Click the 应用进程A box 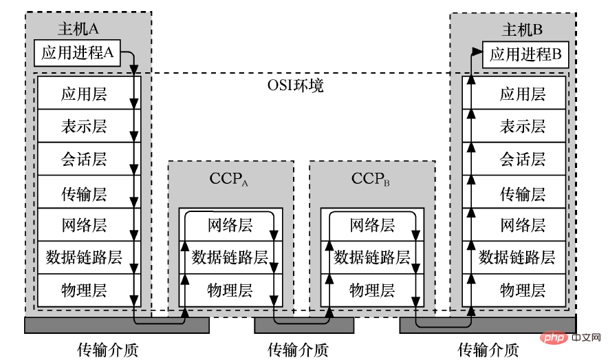coord(77,53)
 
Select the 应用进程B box coord(526,54)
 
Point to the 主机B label coord(522,30)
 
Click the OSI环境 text coord(294,87)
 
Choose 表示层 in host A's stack coord(83,126)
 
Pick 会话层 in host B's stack coord(522,160)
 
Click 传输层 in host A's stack coord(83,192)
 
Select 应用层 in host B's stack coord(522,94)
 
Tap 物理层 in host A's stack coord(83,289)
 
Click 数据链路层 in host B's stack coord(517,257)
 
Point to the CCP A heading coord(229,180)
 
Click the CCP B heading coord(371,180)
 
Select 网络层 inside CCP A coord(229,225)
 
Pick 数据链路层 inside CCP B coord(371,257)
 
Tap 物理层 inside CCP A coord(229,290)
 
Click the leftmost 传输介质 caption coord(107,350)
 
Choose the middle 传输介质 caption coord(297,350)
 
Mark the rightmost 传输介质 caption coord(488,350)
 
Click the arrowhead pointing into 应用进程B coord(477,51)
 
